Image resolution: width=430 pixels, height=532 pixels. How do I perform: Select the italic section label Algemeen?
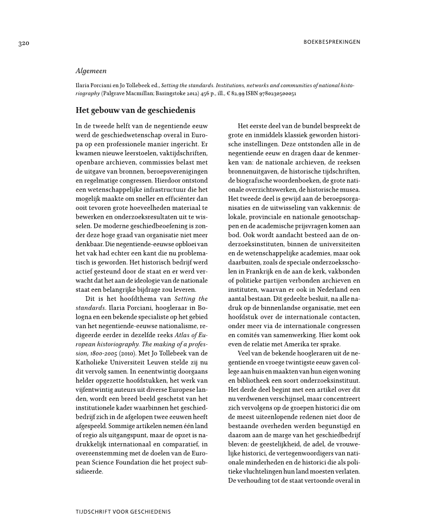pyautogui.click(x=91, y=71)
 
